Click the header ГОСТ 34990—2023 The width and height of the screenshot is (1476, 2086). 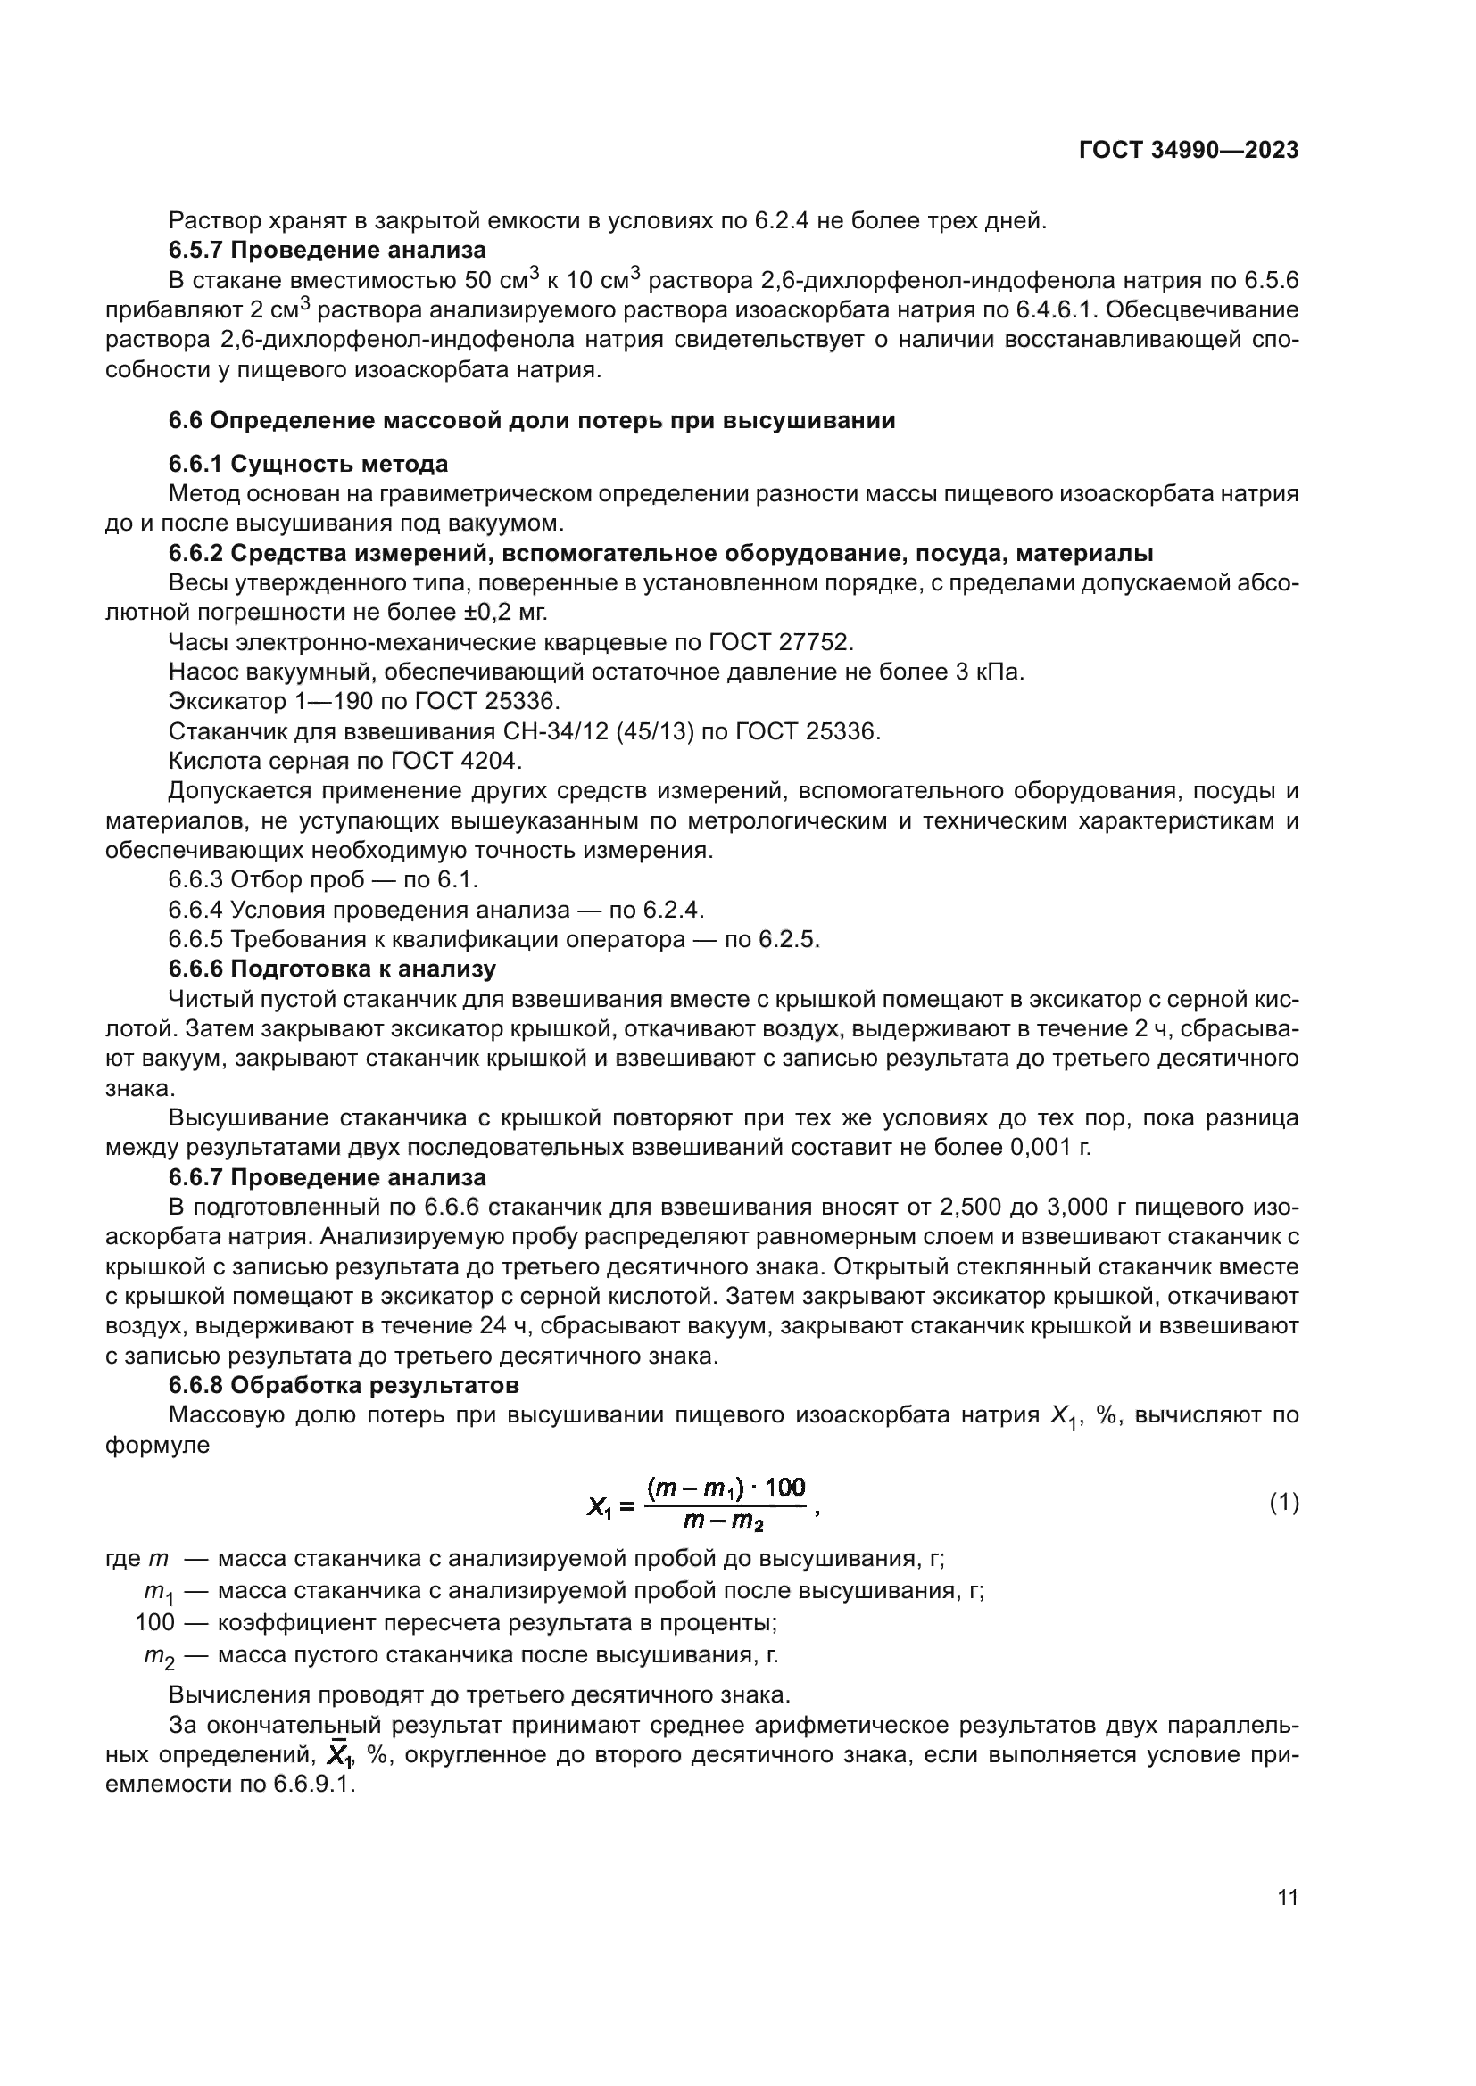click(x=1188, y=151)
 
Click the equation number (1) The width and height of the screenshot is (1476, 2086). click(x=1283, y=1504)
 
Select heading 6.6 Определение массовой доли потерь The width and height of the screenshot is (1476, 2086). click(x=532, y=421)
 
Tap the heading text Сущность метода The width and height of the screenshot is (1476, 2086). click(x=339, y=465)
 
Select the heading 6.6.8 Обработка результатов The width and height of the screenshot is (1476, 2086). click(x=344, y=1386)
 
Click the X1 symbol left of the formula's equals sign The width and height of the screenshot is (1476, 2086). click(x=600, y=1507)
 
